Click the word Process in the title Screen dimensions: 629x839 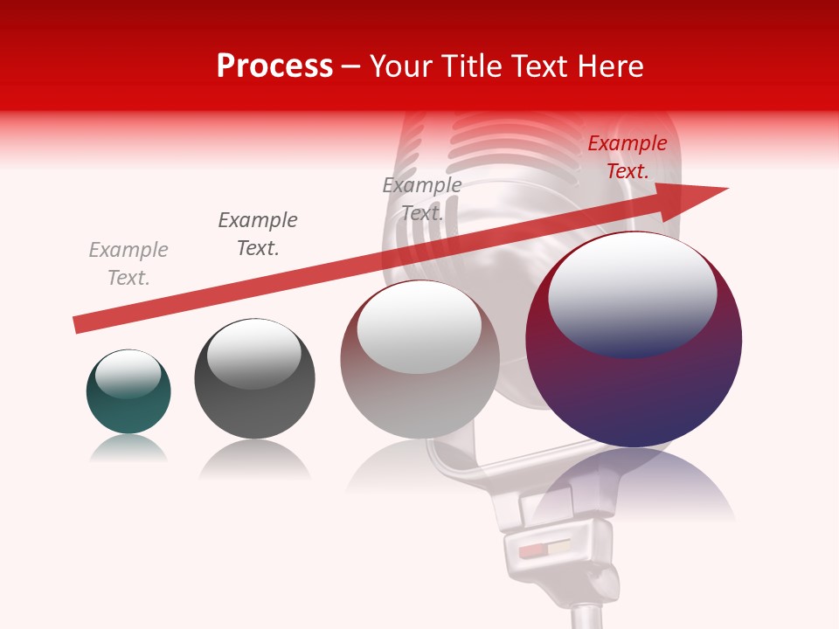click(274, 66)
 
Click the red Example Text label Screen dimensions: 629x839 click(628, 157)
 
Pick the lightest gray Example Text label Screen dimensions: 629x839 click(128, 264)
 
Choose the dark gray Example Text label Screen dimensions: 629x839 click(258, 234)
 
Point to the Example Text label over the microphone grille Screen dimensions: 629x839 click(422, 198)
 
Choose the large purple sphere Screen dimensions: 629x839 click(634, 384)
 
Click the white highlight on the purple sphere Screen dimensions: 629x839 click(632, 293)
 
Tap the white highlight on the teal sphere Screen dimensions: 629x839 click(128, 374)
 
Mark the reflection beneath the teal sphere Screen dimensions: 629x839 click(128, 449)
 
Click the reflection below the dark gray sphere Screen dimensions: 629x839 click(254, 460)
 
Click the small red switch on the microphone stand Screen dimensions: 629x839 click(530, 552)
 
